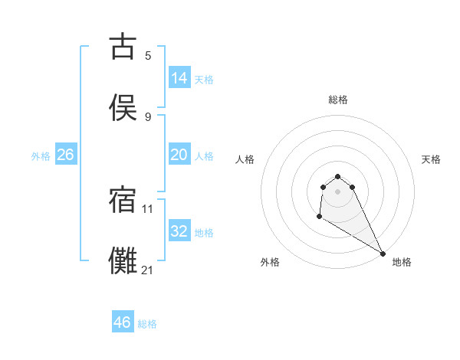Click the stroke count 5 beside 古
coord(148,55)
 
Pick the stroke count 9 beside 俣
coord(148,116)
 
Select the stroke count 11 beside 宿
coord(148,208)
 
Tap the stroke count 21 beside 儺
coord(148,270)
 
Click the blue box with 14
coord(179,77)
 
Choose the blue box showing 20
coord(179,155)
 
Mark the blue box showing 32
coord(179,231)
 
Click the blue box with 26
coord(66,155)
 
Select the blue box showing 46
coord(123,322)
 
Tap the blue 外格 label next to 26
coord(41,156)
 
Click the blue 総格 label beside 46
coord(147,324)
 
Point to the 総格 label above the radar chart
coord(338,100)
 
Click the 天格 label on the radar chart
coord(431,159)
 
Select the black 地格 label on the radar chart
coord(402,262)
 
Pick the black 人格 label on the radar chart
coord(245,159)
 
